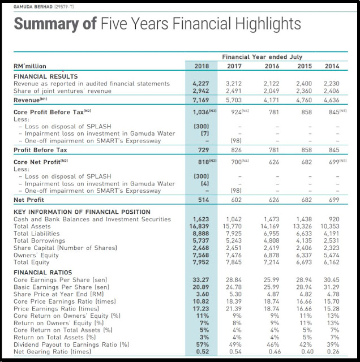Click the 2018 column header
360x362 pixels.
coord(202,66)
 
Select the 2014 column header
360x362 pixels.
coord(332,66)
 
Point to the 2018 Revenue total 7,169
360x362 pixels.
coord(202,100)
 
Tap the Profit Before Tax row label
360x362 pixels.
coord(41,150)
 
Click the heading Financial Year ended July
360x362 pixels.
coord(262,57)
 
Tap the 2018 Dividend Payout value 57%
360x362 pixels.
coord(202,344)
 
